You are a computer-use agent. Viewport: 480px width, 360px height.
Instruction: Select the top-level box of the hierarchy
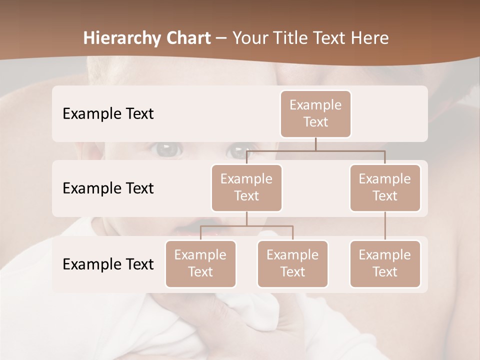point(315,113)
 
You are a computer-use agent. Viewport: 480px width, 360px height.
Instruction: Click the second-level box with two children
point(246,187)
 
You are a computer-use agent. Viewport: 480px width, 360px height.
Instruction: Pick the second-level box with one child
point(385,187)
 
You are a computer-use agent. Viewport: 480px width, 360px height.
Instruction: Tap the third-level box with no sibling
point(385,263)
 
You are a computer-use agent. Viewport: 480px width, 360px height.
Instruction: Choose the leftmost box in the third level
point(200,263)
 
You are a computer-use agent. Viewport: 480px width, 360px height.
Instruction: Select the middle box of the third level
point(292,263)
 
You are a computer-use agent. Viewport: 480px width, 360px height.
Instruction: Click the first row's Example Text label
point(108,113)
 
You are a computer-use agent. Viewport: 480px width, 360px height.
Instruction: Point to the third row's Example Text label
point(108,264)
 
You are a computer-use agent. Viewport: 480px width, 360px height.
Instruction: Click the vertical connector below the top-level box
point(315,144)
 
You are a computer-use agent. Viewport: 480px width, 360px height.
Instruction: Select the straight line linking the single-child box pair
point(385,226)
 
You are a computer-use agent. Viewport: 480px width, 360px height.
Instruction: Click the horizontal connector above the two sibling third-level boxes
point(246,226)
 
